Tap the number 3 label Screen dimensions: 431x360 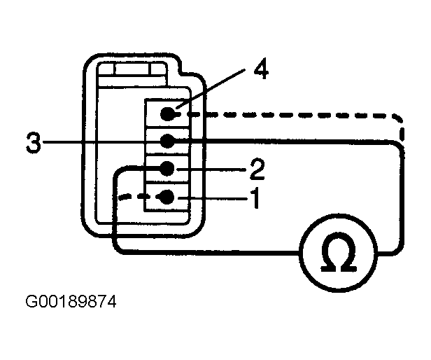(x=34, y=142)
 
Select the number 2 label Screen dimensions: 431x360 (x=257, y=169)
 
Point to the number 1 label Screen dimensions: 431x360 (x=255, y=198)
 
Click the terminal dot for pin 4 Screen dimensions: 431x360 (x=168, y=113)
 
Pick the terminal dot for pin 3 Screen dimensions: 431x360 (x=167, y=141)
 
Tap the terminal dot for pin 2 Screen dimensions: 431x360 (x=167, y=168)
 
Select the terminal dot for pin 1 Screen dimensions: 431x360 (x=167, y=197)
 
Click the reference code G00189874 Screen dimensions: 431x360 (x=71, y=302)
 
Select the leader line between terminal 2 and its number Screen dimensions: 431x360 (x=211, y=169)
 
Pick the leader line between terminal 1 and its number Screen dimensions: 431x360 (x=213, y=198)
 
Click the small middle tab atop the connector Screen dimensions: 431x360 (x=132, y=69)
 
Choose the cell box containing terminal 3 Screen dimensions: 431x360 (x=167, y=142)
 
